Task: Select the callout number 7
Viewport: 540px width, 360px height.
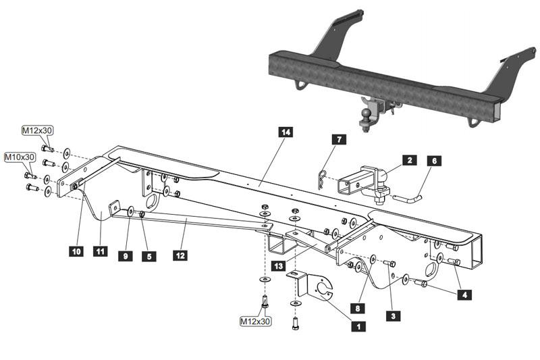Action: (x=339, y=140)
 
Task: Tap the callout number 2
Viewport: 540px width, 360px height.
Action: (x=409, y=161)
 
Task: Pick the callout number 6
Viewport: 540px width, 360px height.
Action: (x=434, y=161)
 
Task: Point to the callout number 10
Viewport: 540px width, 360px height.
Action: (x=75, y=252)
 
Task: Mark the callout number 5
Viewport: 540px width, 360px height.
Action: (x=148, y=256)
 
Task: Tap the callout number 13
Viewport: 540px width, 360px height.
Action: (x=278, y=267)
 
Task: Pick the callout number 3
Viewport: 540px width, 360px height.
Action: (x=393, y=314)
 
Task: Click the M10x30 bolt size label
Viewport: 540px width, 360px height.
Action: (x=20, y=157)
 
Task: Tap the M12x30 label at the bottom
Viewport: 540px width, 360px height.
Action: (x=255, y=322)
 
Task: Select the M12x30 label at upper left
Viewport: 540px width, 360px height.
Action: (x=38, y=130)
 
